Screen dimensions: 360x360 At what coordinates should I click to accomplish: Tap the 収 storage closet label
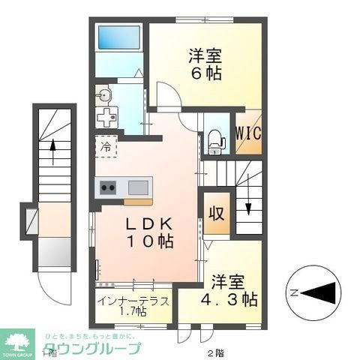point(216,213)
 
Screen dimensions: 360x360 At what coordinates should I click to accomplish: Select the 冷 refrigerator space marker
point(106,146)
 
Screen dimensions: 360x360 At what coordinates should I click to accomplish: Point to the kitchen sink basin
point(139,187)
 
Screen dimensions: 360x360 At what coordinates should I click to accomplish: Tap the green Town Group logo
point(20,341)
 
